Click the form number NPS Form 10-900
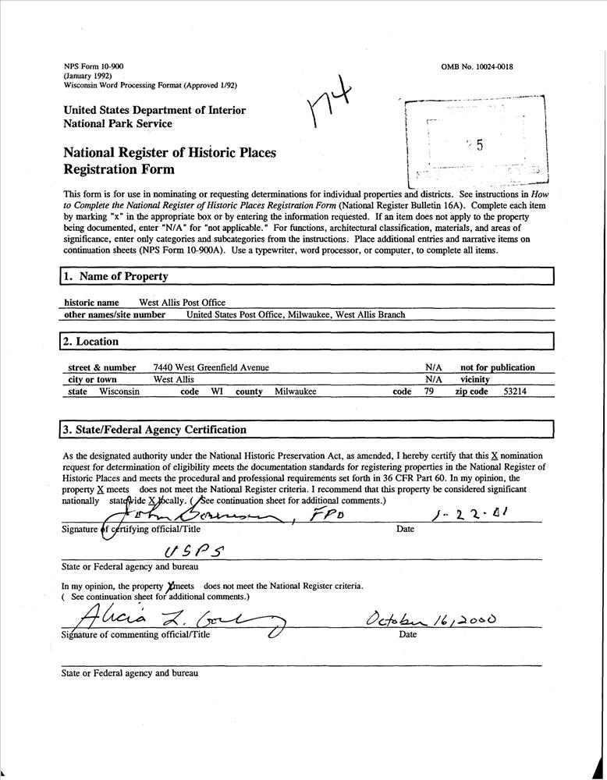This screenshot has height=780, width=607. click(x=93, y=67)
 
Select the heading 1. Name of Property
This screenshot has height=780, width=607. click(x=116, y=276)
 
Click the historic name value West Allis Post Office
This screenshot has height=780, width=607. click(x=182, y=303)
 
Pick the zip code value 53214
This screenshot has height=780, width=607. click(x=514, y=392)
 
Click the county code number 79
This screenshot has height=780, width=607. click(x=428, y=392)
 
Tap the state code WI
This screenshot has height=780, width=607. click(x=217, y=392)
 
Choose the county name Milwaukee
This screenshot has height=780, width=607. click(x=295, y=392)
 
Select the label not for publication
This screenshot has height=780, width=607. click(x=497, y=367)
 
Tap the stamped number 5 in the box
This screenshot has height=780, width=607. click(x=480, y=145)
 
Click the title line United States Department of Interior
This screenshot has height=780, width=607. click(x=154, y=110)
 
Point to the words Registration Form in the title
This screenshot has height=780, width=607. click(x=119, y=169)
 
